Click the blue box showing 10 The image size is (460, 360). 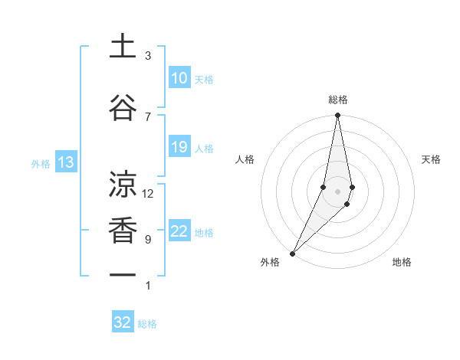[179, 78]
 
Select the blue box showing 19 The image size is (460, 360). [179, 147]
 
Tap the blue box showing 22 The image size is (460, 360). [179, 231]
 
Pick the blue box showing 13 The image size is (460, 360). [65, 162]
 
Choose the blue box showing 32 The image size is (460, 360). [123, 322]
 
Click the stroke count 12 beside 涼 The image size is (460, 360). [148, 194]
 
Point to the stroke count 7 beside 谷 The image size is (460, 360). [148, 116]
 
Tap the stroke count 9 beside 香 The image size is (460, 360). [148, 240]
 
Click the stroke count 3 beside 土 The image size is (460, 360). [148, 56]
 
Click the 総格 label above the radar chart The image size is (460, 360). [337, 100]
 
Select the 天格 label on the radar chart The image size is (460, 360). [431, 159]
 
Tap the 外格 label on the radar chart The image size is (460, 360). [270, 262]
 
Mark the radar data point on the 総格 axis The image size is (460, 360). [337, 116]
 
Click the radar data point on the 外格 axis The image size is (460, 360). [293, 253]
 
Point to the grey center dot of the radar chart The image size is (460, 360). [337, 191]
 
